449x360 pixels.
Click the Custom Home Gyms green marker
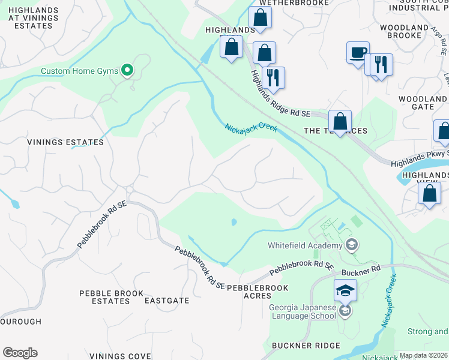pos(127,71)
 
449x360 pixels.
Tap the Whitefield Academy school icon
pos(351,245)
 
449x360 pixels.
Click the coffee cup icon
pos(358,52)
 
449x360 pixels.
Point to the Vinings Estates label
pos(65,142)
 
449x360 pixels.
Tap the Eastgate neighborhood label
pos(167,301)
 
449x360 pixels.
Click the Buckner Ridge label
pos(306,346)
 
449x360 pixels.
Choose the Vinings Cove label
pos(120,356)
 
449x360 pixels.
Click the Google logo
pos(20,353)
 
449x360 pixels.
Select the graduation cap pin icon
pos(345,290)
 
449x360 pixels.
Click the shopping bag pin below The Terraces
pos(340,122)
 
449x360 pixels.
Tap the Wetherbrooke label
pos(294,3)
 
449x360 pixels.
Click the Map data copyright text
pos(424,355)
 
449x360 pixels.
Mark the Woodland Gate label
pos(423,103)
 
